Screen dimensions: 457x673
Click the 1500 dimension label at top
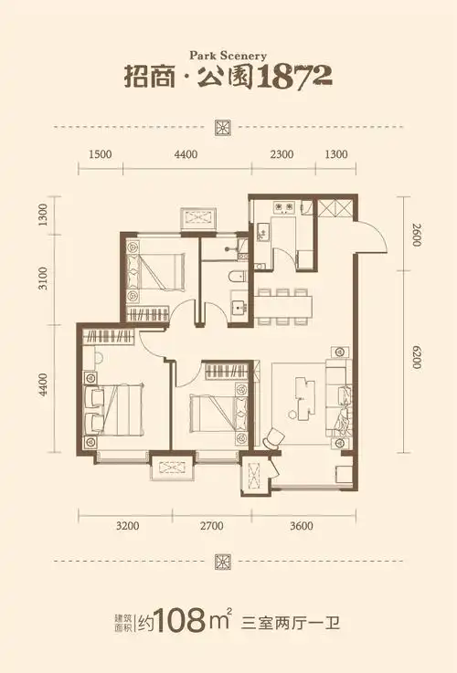tap(100, 154)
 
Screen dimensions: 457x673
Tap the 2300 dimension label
tap(282, 154)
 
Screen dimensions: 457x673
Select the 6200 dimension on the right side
tap(416, 357)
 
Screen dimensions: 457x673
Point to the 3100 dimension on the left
tap(43, 279)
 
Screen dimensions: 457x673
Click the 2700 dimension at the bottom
tap(212, 525)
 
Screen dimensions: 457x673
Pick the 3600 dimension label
tap(302, 525)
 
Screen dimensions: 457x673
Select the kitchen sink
tap(261, 233)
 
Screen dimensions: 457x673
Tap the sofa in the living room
tap(339, 398)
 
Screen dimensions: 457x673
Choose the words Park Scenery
tap(228, 56)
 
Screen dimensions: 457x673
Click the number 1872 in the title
tap(295, 77)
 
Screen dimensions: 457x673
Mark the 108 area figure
tap(180, 621)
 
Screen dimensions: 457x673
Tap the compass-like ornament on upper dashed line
tap(223, 128)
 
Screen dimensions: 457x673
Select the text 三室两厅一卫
tap(291, 623)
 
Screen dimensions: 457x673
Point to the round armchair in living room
tap(273, 437)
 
